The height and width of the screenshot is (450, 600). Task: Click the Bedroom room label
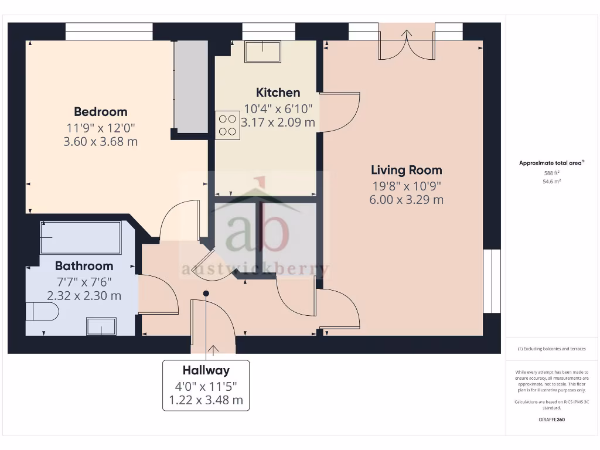[100, 111]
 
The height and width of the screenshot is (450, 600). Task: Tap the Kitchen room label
[278, 93]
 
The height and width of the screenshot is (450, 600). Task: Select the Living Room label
[406, 170]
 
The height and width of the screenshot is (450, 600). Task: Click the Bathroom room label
[84, 265]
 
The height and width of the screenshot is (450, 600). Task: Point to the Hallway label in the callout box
[206, 370]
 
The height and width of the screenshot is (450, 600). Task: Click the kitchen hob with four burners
[227, 125]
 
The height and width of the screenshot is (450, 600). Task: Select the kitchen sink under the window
[262, 52]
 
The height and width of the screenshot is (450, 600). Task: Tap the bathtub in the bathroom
[80, 237]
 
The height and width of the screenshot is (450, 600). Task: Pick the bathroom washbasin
[101, 326]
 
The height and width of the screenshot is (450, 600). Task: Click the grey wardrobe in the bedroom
[192, 86]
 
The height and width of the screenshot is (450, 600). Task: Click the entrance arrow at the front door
[212, 350]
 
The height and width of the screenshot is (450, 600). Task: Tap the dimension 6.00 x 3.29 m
[406, 199]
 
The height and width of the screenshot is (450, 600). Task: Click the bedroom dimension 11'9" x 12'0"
[100, 127]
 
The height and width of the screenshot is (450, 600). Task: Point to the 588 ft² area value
[552, 173]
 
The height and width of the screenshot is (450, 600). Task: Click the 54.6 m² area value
[552, 182]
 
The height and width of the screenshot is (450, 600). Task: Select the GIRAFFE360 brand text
[551, 420]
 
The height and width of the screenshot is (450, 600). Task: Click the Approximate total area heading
[551, 163]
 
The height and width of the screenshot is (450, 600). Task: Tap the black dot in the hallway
[206, 293]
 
